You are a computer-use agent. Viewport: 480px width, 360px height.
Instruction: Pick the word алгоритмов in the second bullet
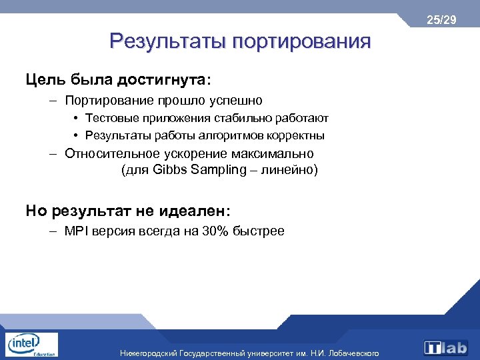point(232,135)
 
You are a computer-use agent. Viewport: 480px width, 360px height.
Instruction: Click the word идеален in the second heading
point(193,211)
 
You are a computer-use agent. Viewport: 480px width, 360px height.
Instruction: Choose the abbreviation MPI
point(77,231)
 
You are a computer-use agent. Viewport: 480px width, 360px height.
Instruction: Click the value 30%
point(216,231)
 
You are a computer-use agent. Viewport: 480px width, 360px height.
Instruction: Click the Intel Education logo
point(31,344)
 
